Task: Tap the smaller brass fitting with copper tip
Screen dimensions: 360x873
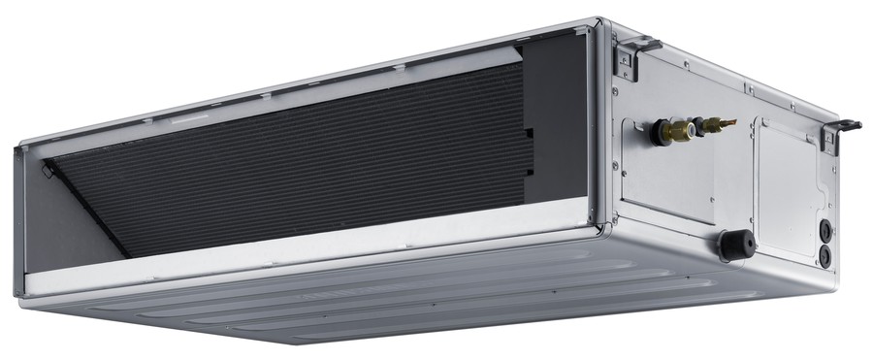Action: point(716,124)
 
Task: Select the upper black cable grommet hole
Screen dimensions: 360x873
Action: point(825,231)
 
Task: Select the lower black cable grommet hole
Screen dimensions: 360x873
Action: point(825,254)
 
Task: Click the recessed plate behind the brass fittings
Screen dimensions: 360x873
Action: point(669,175)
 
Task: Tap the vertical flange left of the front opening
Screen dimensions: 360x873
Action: point(18,223)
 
